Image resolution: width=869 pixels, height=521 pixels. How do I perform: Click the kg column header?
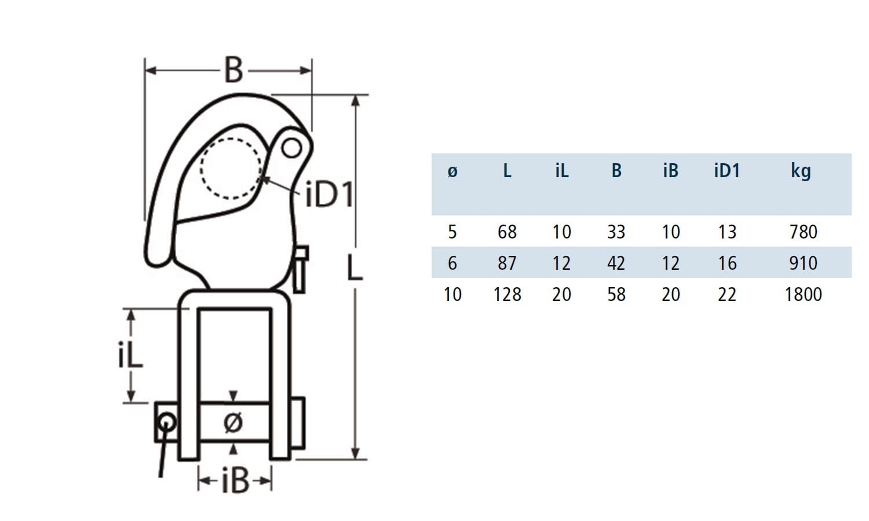[801, 171]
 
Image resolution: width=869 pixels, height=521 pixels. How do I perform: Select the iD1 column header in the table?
[727, 171]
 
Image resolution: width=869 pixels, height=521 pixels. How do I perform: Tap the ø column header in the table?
[452, 171]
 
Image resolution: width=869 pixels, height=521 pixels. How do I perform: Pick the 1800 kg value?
[803, 295]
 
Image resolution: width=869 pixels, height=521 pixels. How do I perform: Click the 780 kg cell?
[803, 232]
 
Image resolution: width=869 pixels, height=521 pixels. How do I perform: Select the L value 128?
[507, 295]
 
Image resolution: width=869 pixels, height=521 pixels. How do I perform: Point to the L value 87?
[507, 263]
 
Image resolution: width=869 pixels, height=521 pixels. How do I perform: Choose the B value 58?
[616, 295]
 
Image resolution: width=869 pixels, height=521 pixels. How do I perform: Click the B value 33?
[616, 232]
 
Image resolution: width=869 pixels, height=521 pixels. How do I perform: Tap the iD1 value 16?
[727, 263]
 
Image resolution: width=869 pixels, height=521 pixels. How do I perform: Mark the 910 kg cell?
[803, 263]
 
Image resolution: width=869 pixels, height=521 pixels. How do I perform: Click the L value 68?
[507, 232]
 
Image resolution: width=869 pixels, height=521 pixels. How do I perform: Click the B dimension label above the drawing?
[233, 71]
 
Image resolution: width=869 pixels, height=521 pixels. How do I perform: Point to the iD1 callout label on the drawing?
[328, 195]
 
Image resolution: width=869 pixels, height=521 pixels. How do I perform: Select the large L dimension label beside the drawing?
[355, 267]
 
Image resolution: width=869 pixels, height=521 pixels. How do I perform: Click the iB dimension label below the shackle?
[235, 481]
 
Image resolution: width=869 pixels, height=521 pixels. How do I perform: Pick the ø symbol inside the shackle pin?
[233, 423]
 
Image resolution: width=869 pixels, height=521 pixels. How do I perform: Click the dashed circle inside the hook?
[231, 168]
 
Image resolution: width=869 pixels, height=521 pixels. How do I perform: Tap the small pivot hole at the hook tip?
[291, 149]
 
